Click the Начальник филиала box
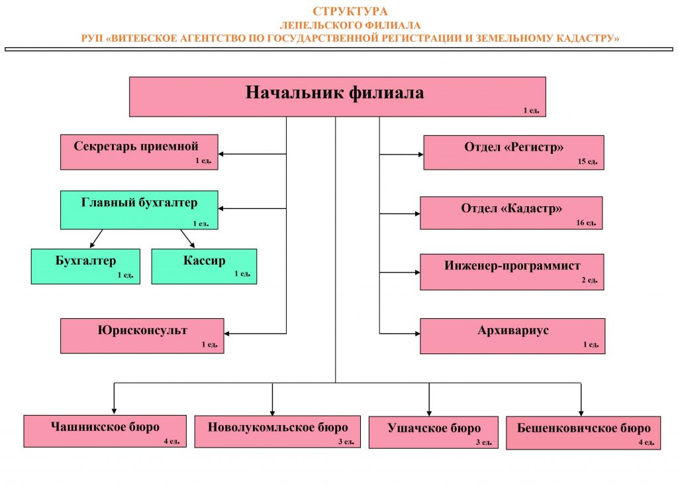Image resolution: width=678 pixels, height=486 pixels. [x=337, y=97]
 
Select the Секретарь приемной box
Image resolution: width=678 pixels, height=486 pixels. [x=139, y=152]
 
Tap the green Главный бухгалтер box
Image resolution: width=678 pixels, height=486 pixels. [x=139, y=210]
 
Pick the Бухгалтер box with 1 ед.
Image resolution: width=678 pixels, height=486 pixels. [x=85, y=267]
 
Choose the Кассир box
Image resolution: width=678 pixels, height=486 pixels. [x=204, y=267]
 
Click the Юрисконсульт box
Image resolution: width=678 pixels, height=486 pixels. [x=142, y=336]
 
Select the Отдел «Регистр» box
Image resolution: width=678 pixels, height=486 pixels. [x=514, y=152]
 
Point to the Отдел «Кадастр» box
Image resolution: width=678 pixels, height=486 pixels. [x=511, y=213]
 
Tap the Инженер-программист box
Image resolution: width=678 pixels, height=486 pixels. [x=512, y=272]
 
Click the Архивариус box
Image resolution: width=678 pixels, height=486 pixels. [x=512, y=336]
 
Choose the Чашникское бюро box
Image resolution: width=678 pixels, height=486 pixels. [x=105, y=432]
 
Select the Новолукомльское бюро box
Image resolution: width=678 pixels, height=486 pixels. [x=277, y=432]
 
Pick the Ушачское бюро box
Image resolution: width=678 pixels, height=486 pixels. [x=433, y=432]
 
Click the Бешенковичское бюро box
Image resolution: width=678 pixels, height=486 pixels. [x=583, y=433]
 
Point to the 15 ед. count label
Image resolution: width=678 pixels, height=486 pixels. [x=588, y=162]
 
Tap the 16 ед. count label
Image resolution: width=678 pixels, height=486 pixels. [x=586, y=223]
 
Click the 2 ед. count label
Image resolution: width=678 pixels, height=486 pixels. [x=589, y=280]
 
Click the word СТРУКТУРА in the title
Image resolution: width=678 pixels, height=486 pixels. [x=350, y=11]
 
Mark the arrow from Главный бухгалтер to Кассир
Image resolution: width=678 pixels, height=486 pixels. [x=187, y=239]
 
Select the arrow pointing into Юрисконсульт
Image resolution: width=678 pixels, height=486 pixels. [x=255, y=334]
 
